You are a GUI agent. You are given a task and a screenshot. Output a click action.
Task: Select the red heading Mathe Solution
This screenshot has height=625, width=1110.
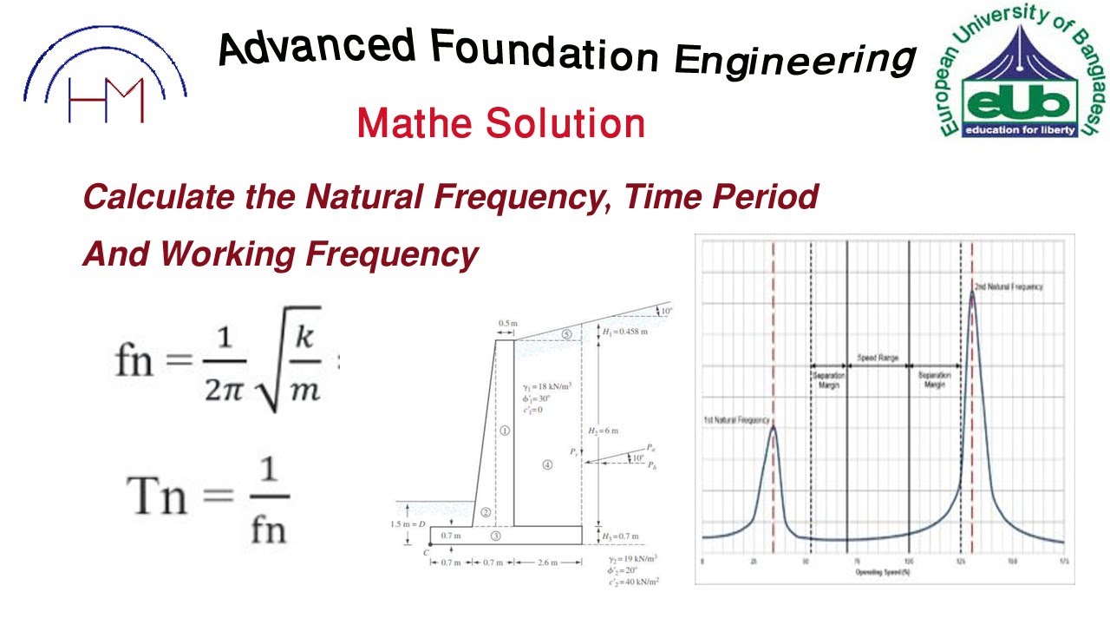pyautogui.click(x=500, y=123)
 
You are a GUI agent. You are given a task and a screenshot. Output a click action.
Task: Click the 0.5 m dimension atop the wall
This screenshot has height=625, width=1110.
pyautogui.click(x=506, y=324)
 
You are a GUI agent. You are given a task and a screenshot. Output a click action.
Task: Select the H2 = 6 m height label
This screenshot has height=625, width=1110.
pyautogui.click(x=604, y=431)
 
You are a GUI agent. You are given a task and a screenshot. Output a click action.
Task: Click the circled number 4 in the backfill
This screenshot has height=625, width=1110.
pyautogui.click(x=547, y=465)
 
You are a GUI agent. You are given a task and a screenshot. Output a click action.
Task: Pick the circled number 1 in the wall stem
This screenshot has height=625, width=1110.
pyautogui.click(x=505, y=431)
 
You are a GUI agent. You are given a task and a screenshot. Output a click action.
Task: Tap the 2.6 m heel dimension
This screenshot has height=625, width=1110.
pyautogui.click(x=548, y=563)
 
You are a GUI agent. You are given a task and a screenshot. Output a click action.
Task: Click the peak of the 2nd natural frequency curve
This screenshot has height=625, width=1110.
pyautogui.click(x=972, y=293)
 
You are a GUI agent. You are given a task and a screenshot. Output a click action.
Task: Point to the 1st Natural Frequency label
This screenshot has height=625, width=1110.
pyautogui.click(x=736, y=420)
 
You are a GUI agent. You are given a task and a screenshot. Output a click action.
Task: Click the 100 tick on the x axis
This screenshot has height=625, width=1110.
pyautogui.click(x=909, y=562)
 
